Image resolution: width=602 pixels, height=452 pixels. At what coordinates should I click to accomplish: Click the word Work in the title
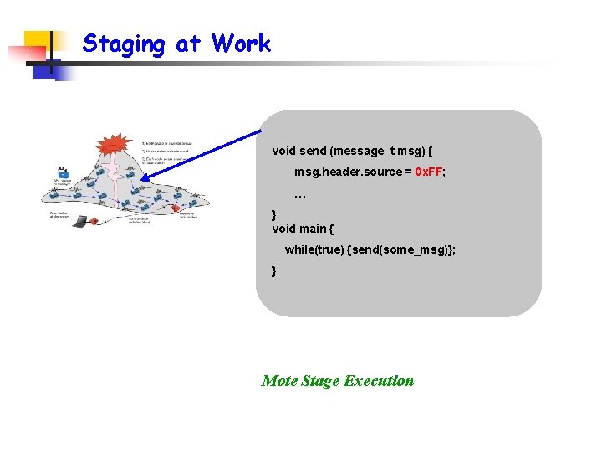tap(242, 44)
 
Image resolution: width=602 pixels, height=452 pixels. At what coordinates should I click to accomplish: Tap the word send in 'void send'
tap(312, 152)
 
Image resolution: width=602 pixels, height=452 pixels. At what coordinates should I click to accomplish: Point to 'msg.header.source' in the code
tap(348, 172)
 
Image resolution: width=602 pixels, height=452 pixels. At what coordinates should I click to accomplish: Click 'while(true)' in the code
tap(314, 249)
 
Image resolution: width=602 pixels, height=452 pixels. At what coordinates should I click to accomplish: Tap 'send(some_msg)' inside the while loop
tap(402, 249)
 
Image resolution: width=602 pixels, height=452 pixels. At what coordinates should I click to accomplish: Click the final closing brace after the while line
tap(274, 270)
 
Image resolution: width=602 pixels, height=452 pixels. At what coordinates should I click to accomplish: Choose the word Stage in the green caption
tap(319, 381)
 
